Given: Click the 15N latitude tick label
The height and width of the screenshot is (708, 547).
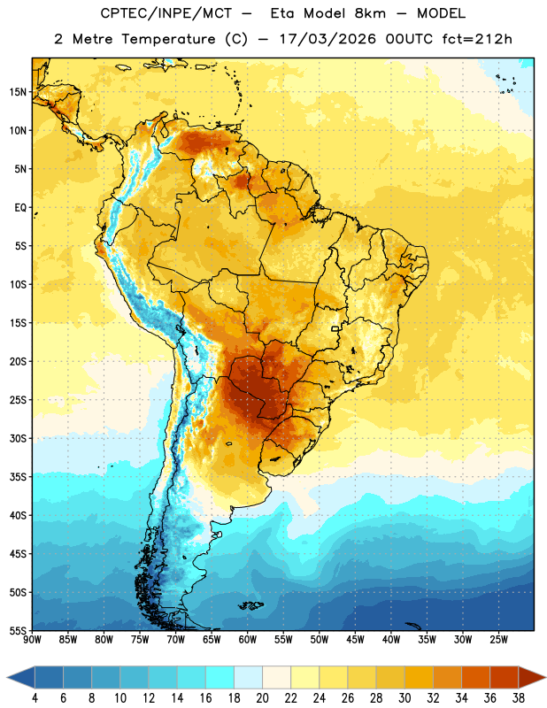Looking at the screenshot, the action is click(x=18, y=92).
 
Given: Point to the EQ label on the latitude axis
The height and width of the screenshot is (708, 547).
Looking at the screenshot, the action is click(x=20, y=208).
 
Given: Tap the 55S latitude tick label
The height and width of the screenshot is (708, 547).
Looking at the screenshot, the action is click(x=18, y=631).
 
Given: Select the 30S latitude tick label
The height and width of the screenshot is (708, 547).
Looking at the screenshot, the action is click(x=18, y=438).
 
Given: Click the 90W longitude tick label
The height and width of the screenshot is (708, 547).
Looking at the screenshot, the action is click(x=32, y=640).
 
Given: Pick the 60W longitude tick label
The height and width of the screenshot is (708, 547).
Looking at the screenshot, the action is click(x=248, y=640).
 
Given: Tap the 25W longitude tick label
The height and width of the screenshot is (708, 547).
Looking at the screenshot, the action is click(x=498, y=640).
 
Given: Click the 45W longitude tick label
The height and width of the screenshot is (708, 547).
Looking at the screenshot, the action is click(x=355, y=640).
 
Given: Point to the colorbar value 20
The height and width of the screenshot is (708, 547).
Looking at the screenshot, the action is click(x=262, y=698).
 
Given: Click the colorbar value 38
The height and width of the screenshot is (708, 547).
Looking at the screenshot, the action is click(x=519, y=698).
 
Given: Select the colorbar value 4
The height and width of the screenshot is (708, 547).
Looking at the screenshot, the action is click(x=35, y=698).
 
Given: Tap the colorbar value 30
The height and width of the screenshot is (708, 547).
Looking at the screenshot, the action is click(x=404, y=698).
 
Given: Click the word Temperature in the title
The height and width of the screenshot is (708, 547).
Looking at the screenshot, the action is click(x=168, y=39).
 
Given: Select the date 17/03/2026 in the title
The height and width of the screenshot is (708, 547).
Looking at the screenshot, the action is click(x=327, y=39).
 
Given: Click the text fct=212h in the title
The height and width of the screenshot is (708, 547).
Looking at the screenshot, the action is click(x=477, y=39).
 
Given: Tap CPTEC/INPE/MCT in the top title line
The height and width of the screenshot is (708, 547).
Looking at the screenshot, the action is click(x=166, y=13).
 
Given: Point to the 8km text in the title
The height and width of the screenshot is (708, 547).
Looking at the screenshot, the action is click(x=370, y=13).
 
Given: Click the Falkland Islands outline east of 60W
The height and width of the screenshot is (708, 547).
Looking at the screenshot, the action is click(x=251, y=605).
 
